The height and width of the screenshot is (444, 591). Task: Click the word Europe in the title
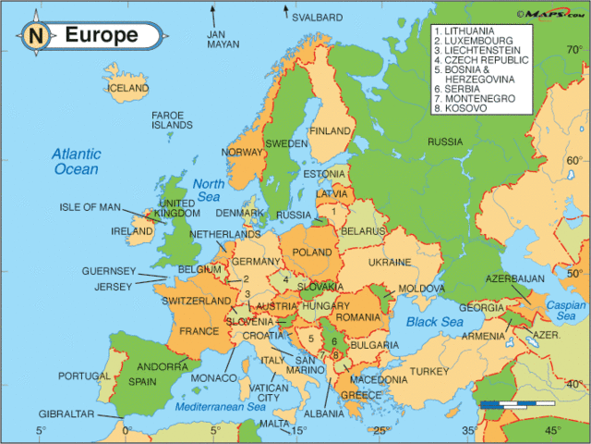[x=101, y=36]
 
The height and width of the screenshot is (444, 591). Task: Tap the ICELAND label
[x=128, y=88]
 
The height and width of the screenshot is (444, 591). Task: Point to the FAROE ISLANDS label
[x=172, y=120]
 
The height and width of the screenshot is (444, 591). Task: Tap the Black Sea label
[x=433, y=321]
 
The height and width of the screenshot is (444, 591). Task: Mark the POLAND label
[x=311, y=252]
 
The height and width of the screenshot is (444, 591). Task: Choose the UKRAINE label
[x=389, y=263]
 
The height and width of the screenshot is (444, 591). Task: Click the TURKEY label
[x=428, y=371]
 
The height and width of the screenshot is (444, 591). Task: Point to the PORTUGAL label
[x=84, y=376]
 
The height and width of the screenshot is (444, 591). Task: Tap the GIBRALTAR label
[x=66, y=413]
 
